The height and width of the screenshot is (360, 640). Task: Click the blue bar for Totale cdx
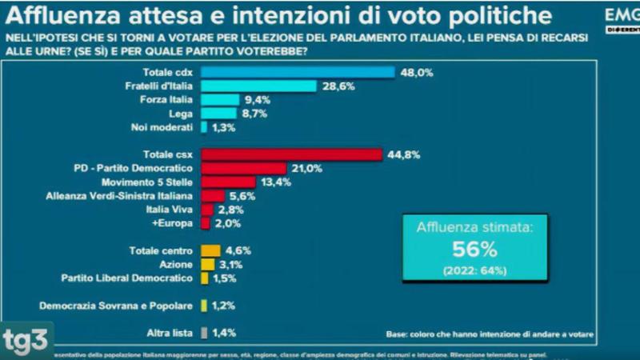click(298, 72)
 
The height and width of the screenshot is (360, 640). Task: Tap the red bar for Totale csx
click(292, 154)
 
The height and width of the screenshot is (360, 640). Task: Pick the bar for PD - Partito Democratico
click(243, 168)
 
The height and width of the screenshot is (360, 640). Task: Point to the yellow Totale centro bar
click(210, 250)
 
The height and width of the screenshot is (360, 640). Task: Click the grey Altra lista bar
click(204, 332)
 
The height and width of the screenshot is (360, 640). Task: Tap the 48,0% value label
click(416, 72)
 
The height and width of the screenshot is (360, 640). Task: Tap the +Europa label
click(175, 223)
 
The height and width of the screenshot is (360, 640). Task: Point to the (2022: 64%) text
click(476, 270)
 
